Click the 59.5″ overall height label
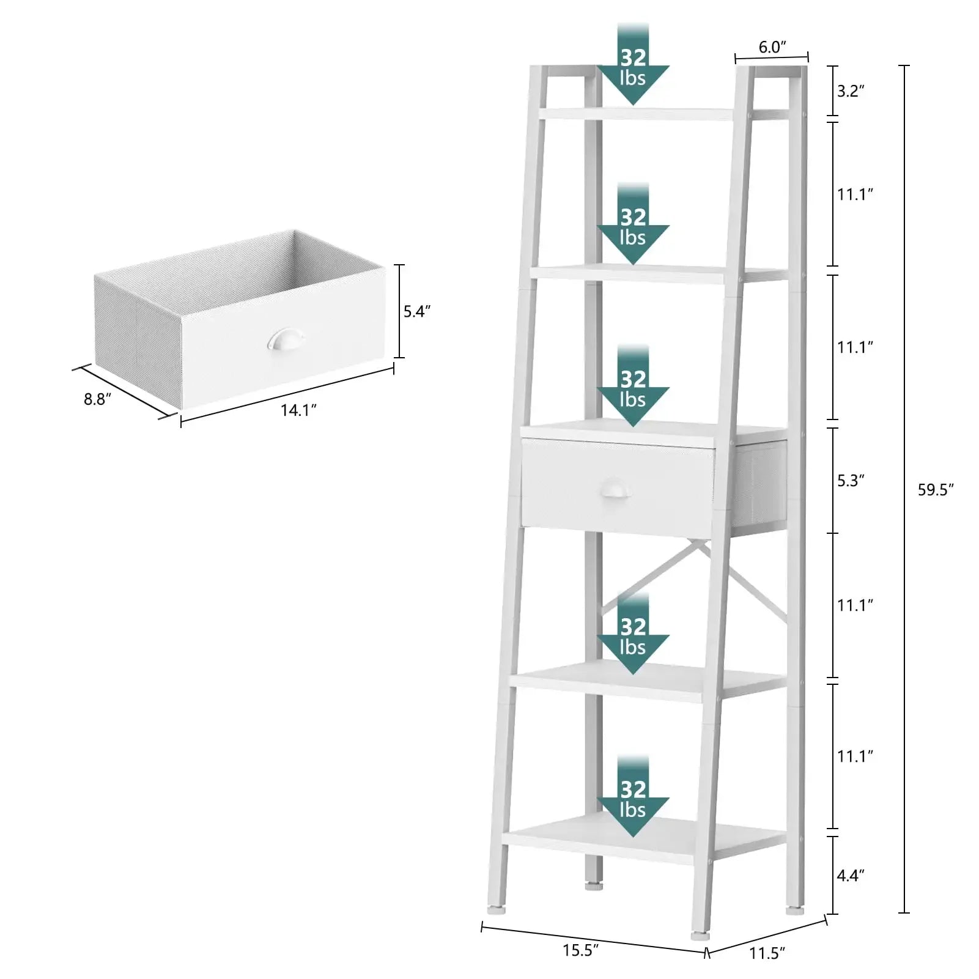[x=936, y=490]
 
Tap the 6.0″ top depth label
[x=772, y=47]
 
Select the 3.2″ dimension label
[x=851, y=91]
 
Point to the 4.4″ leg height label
[x=851, y=876]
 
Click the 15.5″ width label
[x=580, y=951]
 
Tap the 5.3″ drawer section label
[x=851, y=481]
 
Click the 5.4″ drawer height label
[x=417, y=311]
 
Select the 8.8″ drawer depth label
[x=98, y=399]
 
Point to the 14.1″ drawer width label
[x=298, y=410]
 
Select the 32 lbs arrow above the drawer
[x=633, y=385]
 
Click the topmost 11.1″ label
[x=855, y=194]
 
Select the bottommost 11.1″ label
[x=855, y=756]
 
